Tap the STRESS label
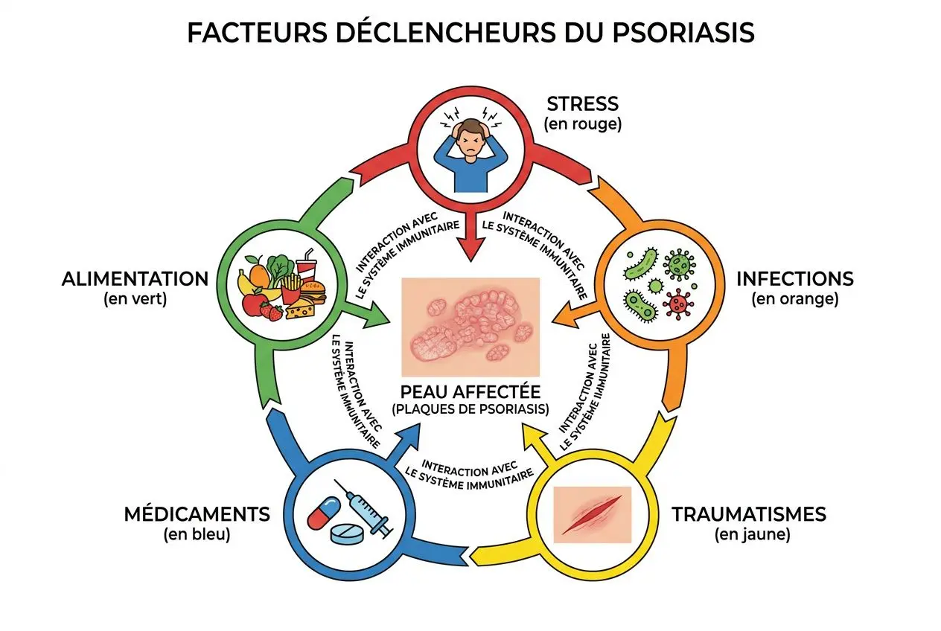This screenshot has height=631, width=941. pyautogui.click(x=583, y=103)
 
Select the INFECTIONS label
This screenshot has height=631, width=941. pyautogui.click(x=795, y=280)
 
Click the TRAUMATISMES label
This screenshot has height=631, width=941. pyautogui.click(x=749, y=514)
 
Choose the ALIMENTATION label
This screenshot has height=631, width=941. pyautogui.click(x=135, y=280)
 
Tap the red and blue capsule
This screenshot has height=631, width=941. pyautogui.click(x=324, y=514)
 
